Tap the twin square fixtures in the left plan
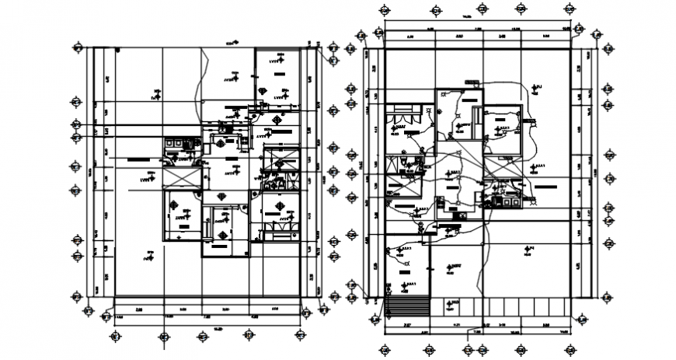point(173,143)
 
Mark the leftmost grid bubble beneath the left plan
point(114,336)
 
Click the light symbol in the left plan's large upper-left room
point(157,93)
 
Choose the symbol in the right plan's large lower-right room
point(528,250)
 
